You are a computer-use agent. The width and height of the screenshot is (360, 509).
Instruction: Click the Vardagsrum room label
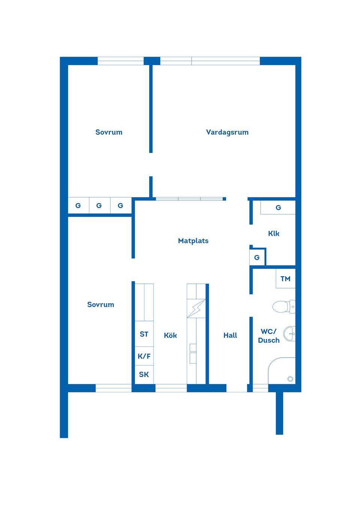click(x=227, y=132)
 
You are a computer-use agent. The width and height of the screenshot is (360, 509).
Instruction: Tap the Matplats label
click(x=193, y=241)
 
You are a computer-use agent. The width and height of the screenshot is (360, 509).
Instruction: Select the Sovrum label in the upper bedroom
click(x=109, y=132)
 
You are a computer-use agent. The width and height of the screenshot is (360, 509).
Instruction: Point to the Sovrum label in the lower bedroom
click(x=100, y=305)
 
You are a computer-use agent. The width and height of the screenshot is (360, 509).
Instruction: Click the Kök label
click(x=170, y=335)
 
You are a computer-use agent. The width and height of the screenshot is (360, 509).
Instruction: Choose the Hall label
click(x=230, y=335)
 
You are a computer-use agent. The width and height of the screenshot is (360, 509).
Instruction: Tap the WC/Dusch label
click(x=269, y=336)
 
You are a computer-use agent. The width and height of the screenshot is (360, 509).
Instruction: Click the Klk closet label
click(x=274, y=234)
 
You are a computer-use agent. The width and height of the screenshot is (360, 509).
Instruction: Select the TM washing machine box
click(x=285, y=279)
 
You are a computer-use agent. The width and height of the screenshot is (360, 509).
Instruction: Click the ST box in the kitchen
click(x=144, y=334)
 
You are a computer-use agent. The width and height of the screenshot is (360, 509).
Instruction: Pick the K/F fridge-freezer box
click(x=144, y=356)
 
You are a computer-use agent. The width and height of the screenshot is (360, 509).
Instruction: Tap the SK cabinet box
click(x=144, y=374)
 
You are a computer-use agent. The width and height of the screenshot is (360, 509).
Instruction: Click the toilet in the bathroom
click(x=283, y=307)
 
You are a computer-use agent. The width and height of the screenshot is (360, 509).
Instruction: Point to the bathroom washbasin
click(x=289, y=334)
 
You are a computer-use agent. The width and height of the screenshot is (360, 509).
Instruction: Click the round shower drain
click(x=290, y=379)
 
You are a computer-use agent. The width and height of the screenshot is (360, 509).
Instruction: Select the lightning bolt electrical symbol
click(x=196, y=308)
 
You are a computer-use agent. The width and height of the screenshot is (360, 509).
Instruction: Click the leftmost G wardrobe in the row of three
click(x=78, y=205)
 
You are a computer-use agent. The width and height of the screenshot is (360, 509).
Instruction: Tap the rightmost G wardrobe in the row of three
click(x=120, y=205)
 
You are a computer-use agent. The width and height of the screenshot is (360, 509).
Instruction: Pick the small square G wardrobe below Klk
click(x=257, y=257)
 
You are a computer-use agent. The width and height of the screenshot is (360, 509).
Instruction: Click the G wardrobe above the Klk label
click(x=278, y=208)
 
